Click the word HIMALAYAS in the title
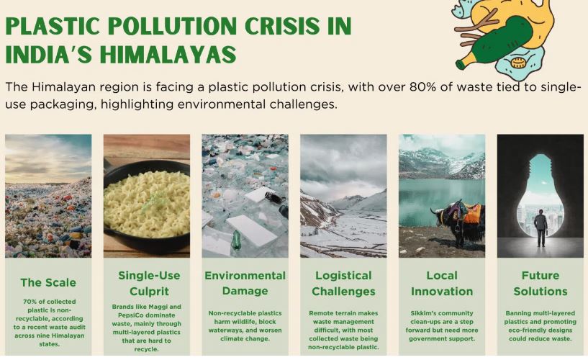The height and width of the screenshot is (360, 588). [168, 54]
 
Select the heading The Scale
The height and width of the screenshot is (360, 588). [48, 282]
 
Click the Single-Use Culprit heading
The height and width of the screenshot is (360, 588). [149, 283]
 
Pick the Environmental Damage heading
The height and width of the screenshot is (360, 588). [245, 283]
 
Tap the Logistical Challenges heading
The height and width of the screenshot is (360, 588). [343, 283]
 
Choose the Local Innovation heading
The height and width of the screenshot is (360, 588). [442, 283]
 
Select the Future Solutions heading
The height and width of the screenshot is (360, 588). [540, 283]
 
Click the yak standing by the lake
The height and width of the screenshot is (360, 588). [459, 222]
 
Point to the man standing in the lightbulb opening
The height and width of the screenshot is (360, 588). [540, 228]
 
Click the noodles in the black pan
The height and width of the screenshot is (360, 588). [147, 203]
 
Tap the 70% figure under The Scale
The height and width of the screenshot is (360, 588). [29, 302]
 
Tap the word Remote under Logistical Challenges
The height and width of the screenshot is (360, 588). [320, 313]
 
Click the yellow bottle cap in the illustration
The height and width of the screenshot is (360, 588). [517, 62]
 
